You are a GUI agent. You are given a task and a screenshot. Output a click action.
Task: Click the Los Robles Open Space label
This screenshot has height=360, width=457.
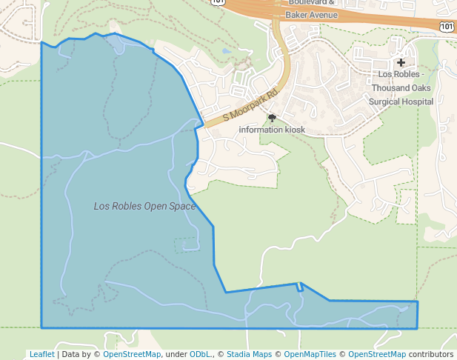pos(144,206)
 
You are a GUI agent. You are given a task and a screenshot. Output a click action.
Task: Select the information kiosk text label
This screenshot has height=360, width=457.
pos(272,129)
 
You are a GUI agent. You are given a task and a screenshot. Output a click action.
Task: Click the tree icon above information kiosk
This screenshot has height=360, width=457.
pos(272,117)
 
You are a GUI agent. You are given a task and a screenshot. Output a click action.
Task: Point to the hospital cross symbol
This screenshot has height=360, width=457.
pos(401,63)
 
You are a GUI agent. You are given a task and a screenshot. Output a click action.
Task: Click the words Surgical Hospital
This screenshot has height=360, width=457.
pos(401,101)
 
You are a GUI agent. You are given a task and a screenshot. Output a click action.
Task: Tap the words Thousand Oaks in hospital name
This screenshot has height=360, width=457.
pos(401,87)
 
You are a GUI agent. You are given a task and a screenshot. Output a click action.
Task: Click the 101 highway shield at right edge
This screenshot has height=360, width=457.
pos(446,27)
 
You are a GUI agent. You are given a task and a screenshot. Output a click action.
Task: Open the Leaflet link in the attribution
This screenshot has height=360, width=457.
pos(41,354)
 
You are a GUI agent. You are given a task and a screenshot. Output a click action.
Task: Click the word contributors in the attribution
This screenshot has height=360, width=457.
pos(431,354)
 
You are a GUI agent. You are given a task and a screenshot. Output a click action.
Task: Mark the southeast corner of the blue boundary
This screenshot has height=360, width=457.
pos(417,328)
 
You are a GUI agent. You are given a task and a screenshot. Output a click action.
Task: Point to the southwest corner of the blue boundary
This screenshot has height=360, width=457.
pos(41,327)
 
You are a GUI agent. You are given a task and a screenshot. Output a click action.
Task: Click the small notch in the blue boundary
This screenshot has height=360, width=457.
pos(300,287)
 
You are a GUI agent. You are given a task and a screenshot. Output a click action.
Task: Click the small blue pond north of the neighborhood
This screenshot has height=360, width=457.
pos(224,52)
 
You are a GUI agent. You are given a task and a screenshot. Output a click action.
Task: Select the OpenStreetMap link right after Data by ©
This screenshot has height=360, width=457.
pos(132,354)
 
